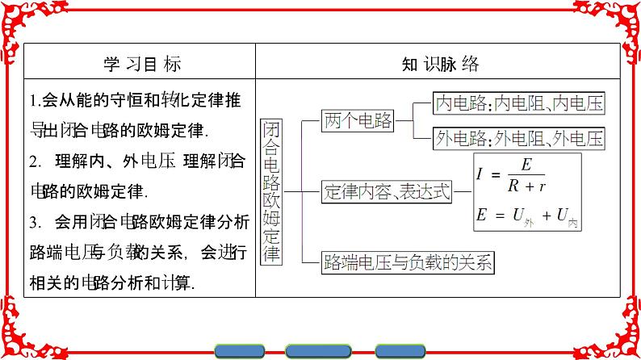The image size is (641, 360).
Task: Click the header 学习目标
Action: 142,64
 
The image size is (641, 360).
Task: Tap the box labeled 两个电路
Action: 358,121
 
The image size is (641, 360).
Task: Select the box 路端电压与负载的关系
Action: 408,261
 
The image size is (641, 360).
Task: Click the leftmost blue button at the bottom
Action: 245,351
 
